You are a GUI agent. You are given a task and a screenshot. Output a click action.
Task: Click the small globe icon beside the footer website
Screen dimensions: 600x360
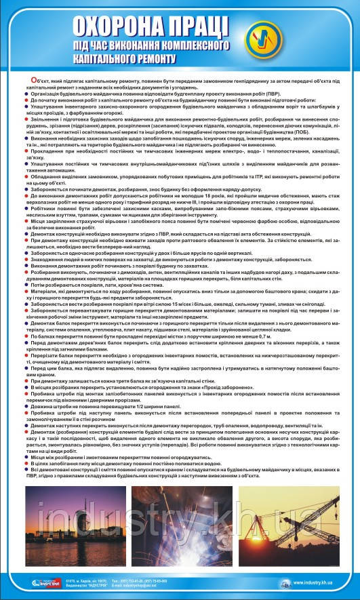pos(287,582)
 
